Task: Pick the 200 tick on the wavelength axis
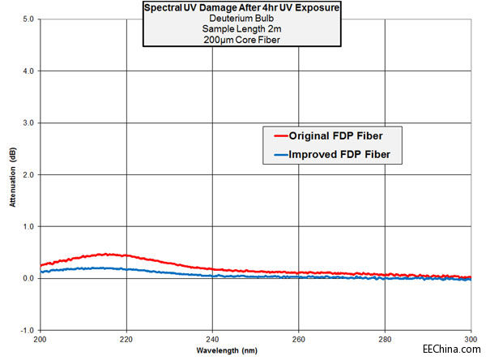coord(41,340)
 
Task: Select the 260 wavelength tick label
coord(299,340)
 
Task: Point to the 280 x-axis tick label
coord(385,340)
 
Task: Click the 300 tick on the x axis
coord(470,340)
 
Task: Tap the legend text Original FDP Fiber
coord(341,135)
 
